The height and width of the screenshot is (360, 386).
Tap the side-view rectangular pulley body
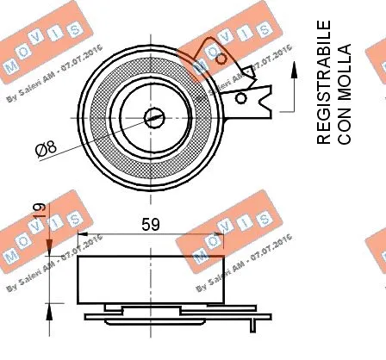(x=152, y=280)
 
